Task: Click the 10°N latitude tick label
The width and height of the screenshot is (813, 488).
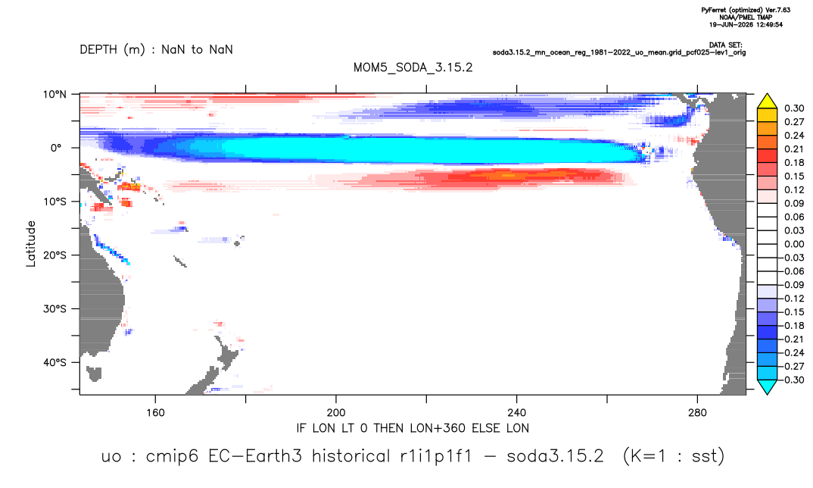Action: point(55,95)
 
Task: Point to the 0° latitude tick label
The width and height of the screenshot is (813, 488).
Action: point(56,148)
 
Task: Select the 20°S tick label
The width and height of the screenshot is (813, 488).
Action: point(55,255)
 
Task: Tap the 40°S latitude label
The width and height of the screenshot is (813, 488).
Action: point(55,362)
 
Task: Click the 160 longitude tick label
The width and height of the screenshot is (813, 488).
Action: point(155,413)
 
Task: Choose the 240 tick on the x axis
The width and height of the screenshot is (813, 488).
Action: point(517,413)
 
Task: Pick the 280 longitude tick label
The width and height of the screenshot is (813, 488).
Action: point(697,413)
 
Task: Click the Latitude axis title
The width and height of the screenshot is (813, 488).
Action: point(31,244)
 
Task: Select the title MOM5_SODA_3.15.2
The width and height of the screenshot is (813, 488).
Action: point(413,68)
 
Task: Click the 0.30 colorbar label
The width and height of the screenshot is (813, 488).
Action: point(794,108)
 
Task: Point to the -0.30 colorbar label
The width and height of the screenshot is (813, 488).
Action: point(792,380)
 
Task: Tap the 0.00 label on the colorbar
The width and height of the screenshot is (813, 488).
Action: point(794,244)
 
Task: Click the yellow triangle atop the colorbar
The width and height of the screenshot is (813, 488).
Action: point(767,102)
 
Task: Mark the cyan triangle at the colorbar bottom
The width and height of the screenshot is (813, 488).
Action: point(767,386)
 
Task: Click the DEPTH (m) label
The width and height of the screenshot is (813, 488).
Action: point(113,50)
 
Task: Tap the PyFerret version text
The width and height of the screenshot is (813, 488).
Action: point(746,10)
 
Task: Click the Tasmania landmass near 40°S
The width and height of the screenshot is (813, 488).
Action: point(94,374)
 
